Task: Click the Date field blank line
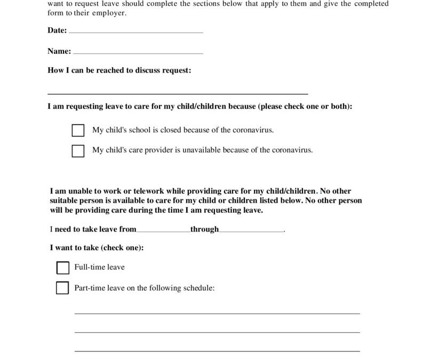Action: (x=136, y=32)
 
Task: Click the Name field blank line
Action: (x=138, y=53)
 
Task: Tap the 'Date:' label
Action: (x=57, y=31)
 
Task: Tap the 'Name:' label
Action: (x=59, y=52)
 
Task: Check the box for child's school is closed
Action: (x=78, y=131)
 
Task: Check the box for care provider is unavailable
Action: (x=78, y=151)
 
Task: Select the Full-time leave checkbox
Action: (x=62, y=267)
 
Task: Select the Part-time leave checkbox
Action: (x=62, y=288)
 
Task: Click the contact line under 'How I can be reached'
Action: (x=178, y=93)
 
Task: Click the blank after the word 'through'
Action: (x=251, y=230)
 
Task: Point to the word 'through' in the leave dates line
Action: (x=205, y=229)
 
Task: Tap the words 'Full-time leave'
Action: (x=99, y=267)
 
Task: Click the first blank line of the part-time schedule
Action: (x=217, y=313)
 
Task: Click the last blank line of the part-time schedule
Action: (x=217, y=350)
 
